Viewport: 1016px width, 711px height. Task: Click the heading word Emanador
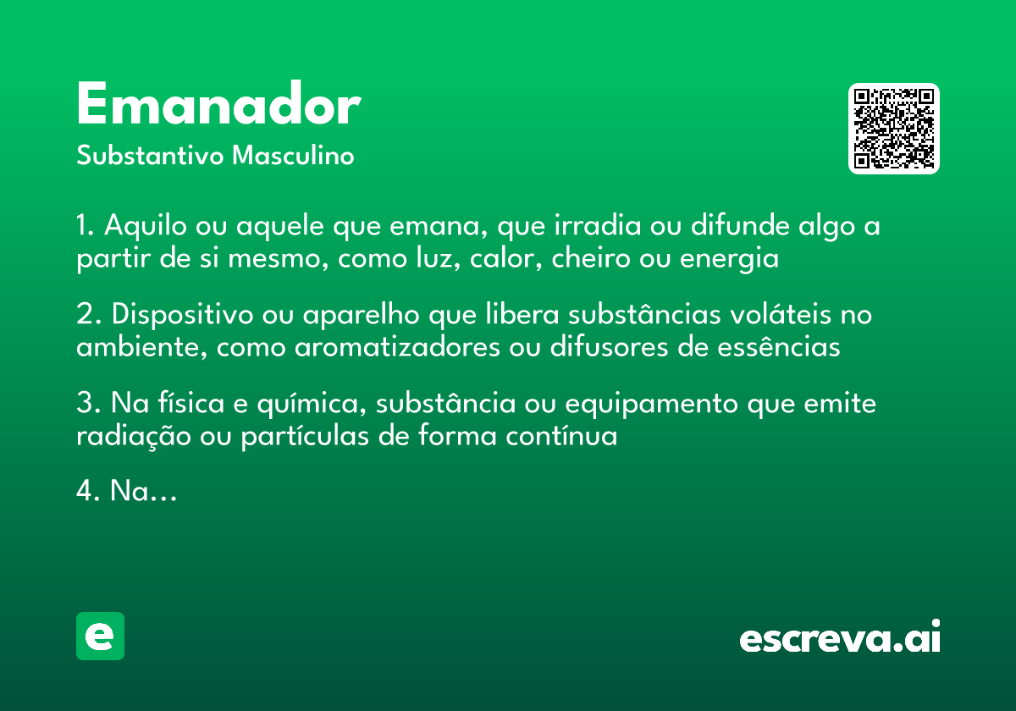[218, 106]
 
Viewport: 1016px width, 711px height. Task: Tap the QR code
[894, 129]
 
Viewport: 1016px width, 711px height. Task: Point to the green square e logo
[100, 636]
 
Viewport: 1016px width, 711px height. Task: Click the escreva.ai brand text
[840, 638]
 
